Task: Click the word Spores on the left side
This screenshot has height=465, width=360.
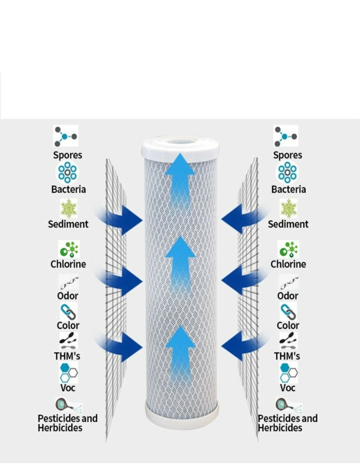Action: pos(68,155)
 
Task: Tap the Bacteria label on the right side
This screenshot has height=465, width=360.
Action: pos(288,189)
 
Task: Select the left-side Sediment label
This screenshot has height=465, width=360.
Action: pos(68,224)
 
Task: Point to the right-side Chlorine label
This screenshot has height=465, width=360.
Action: pos(288,264)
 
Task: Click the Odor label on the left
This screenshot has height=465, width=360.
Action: pos(68,296)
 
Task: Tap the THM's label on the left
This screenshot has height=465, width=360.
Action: pos(67,356)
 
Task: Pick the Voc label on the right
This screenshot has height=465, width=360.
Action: pos(288,387)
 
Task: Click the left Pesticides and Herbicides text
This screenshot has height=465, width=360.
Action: pos(67,423)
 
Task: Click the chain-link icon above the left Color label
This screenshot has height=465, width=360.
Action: pos(68,312)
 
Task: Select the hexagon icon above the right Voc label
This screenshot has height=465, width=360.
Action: pos(288,372)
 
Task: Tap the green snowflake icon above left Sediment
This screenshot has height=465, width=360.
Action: pos(69,208)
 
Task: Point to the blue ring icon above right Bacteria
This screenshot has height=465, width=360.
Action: pos(288,173)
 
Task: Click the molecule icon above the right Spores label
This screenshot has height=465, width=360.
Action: pos(286,136)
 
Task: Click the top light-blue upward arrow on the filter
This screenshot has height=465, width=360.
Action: pos(180,175)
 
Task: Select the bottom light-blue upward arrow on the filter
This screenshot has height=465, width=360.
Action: pos(180,350)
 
